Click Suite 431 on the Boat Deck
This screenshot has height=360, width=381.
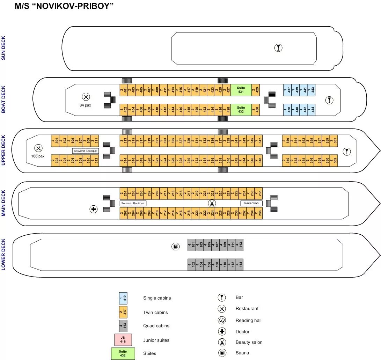[x=241, y=90]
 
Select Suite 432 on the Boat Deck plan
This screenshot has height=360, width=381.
[x=241, y=110]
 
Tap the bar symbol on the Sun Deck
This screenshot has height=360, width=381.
[x=278, y=48]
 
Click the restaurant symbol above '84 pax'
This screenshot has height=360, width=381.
[x=86, y=97]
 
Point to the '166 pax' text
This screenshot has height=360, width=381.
[x=38, y=156]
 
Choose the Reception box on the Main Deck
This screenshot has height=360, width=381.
[x=251, y=203]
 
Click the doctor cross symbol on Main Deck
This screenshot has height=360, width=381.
[x=94, y=209]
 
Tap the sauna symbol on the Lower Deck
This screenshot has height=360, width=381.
[x=175, y=247]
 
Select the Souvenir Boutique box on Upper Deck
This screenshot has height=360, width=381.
[x=86, y=151]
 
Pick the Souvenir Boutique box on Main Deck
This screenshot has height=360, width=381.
[x=133, y=203]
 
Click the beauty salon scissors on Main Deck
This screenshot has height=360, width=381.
[x=212, y=203]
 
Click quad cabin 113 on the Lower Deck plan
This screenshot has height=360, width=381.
[x=239, y=245]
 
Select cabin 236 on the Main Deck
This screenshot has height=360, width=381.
[x=258, y=213]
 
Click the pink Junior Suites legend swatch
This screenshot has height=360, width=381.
[x=123, y=339]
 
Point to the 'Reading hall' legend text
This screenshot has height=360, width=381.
[x=248, y=321]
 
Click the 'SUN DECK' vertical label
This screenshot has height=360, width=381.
[x=3, y=48]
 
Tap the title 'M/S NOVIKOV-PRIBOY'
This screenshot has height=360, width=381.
[x=64, y=7]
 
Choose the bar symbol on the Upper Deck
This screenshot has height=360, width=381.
[x=346, y=152]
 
